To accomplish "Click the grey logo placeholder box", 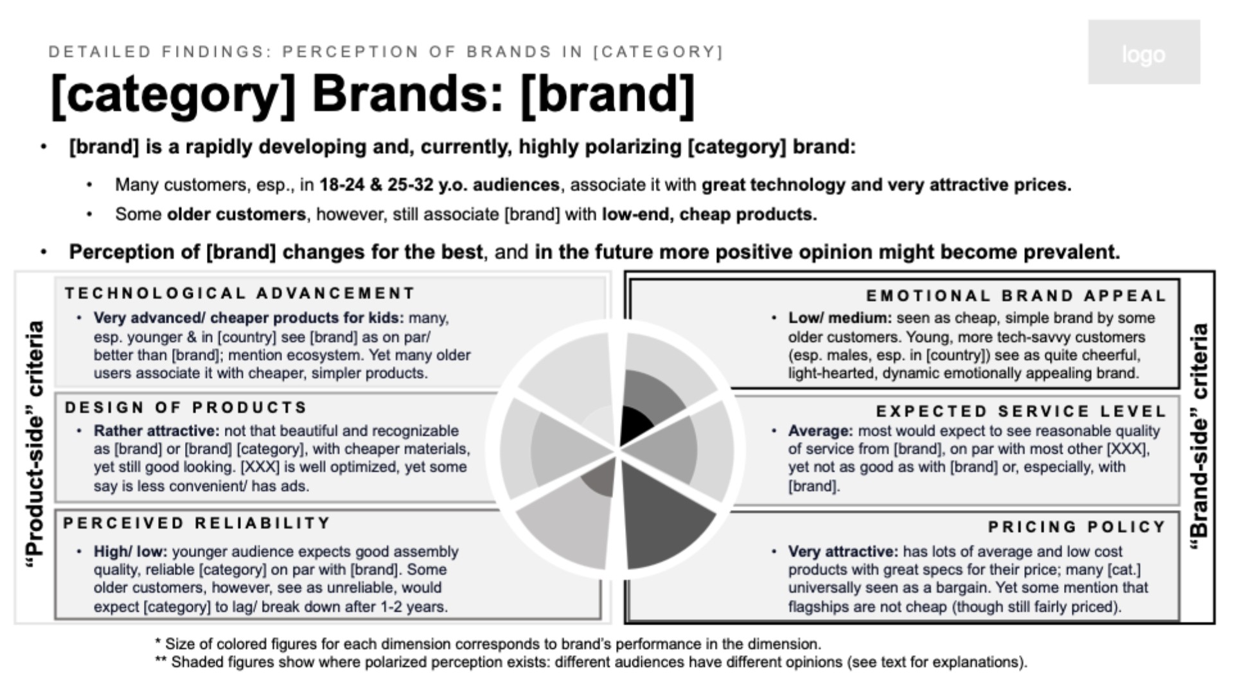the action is [1144, 52].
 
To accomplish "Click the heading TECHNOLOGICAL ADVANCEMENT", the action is [240, 294].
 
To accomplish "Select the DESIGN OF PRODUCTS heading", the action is [186, 408].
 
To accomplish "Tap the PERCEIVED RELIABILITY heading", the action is [197, 523].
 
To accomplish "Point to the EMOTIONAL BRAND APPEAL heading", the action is [1016, 296].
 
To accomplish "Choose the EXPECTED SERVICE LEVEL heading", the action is [1022, 412].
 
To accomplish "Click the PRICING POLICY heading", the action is [1078, 527].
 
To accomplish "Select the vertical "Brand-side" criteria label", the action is [1199, 437].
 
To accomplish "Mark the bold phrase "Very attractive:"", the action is [844, 552].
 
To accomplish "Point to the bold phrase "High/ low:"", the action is [130, 552].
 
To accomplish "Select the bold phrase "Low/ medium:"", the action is [840, 318].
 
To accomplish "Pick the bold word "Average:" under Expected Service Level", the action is [821, 431].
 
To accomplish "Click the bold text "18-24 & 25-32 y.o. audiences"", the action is [439, 185].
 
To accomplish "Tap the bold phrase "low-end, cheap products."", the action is [709, 215].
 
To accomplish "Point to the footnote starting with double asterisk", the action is [591, 662].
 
